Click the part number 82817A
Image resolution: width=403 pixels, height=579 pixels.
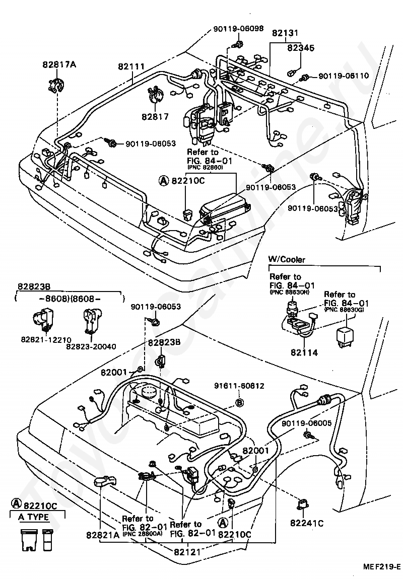59,64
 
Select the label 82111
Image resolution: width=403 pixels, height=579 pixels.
132,66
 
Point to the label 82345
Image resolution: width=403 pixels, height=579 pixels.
301,48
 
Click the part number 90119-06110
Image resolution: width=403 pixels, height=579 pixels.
344,76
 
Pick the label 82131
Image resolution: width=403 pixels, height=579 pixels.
286,33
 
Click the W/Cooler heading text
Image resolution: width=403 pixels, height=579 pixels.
287,259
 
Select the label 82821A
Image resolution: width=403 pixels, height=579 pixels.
102,535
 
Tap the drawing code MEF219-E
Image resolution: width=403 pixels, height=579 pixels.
382,567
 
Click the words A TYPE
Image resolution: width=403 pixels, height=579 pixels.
34,517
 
